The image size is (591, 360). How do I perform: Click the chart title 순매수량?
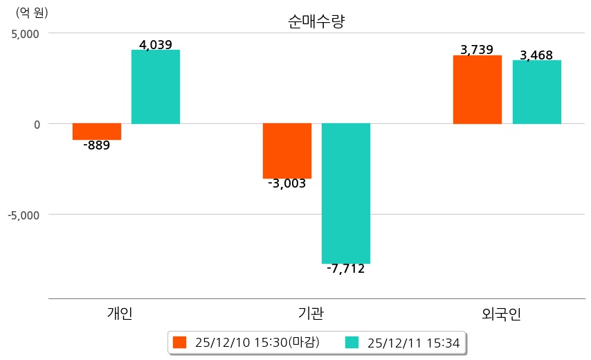[316, 21]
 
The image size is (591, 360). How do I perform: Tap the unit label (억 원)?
[32, 12]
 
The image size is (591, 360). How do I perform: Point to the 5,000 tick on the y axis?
[24, 33]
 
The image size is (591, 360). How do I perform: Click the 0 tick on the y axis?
[36, 124]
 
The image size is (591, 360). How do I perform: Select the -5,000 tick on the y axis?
[24, 215]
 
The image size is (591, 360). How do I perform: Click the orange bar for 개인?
[97, 132]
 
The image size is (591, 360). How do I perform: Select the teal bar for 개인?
[156, 87]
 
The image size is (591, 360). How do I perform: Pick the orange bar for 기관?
[287, 151]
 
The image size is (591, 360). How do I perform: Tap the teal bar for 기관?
[346, 193]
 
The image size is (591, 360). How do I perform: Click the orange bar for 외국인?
[478, 89]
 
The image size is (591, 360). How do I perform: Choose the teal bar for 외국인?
[536, 92]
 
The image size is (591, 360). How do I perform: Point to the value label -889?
[97, 146]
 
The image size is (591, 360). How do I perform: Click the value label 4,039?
[156, 45]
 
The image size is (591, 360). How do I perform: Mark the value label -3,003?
[287, 184]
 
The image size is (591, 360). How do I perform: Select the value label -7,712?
[346, 269]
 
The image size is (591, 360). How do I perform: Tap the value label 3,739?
[477, 50]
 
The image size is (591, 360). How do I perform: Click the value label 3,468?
[536, 55]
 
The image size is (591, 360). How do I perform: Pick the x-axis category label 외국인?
[501, 314]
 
